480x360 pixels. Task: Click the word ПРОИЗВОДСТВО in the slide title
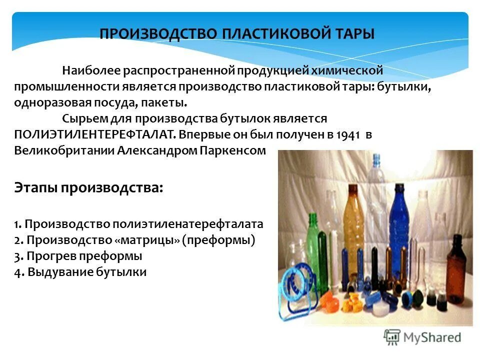158,34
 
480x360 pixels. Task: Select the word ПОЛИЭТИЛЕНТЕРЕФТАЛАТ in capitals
95,134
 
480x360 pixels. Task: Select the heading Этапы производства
88,188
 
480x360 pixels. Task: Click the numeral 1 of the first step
16,224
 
